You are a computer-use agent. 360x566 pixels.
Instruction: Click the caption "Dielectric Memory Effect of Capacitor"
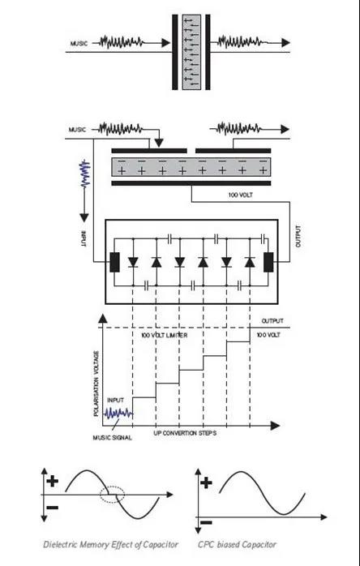tap(110, 544)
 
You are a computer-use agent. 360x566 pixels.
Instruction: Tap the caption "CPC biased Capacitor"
tap(237, 544)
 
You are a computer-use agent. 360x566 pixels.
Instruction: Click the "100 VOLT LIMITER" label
tap(165, 336)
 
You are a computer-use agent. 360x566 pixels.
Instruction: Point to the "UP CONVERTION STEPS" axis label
tap(185, 433)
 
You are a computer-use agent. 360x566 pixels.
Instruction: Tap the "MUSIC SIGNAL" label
tap(112, 438)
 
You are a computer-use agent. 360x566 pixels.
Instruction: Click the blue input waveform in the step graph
tap(119, 413)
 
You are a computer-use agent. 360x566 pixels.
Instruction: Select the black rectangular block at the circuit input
tap(114, 263)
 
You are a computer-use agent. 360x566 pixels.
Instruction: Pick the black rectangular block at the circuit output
tap(268, 263)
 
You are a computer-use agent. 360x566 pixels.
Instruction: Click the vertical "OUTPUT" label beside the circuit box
tap(298, 237)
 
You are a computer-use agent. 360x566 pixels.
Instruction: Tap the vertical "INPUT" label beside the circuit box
tap(84, 239)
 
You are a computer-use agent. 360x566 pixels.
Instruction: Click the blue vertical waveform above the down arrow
tap(84, 174)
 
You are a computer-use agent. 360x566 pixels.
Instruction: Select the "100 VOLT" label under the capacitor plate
tap(240, 195)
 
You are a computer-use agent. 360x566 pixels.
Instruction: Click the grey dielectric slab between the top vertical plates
tap(191, 52)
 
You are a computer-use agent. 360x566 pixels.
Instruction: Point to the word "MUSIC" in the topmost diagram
tap(79, 44)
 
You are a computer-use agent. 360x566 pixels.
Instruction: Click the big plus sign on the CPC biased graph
tap(206, 482)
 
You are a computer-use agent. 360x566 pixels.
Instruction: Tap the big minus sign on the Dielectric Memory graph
tap(53, 508)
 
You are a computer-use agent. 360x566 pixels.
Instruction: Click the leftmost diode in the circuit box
tap(133, 262)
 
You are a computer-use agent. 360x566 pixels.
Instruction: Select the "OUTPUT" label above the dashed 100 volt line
tap(272, 321)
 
